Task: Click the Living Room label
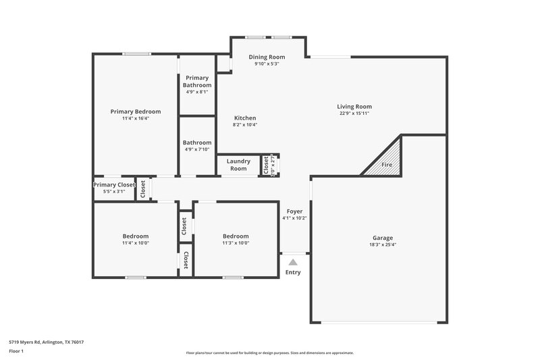[355, 106]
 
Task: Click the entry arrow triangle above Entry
[293, 262]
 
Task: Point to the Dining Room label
[267, 57]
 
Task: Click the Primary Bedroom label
[136, 111]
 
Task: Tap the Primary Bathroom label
[197, 82]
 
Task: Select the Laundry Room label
[238, 165]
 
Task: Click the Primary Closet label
[114, 184]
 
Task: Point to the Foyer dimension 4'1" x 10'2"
[294, 218]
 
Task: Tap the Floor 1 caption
[17, 351]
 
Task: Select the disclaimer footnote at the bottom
[270, 353]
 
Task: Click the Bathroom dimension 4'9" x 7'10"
[197, 149]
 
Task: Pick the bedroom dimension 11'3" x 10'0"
[236, 243]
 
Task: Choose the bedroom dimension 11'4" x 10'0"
[136, 243]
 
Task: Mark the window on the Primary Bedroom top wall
[136, 54]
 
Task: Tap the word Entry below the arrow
[293, 272]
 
